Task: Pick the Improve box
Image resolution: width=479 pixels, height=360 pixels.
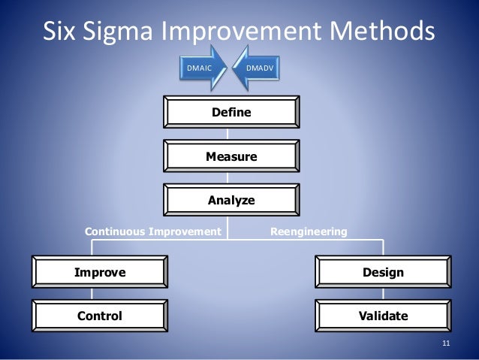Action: coord(99,272)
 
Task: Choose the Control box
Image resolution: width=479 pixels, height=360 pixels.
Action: coord(99,316)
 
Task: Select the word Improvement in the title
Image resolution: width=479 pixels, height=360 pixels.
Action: coord(262,32)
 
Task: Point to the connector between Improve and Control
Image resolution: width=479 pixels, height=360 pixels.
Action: coord(99,294)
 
